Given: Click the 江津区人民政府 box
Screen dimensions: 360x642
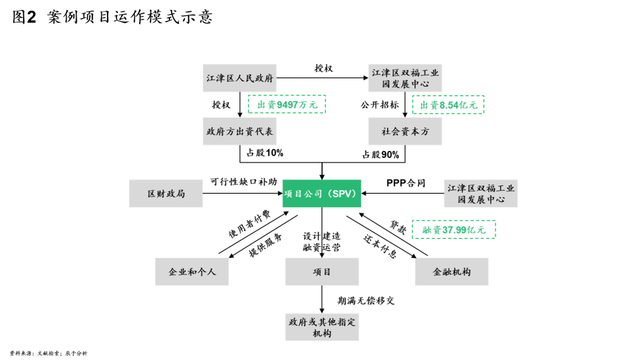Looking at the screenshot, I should click(x=240, y=78).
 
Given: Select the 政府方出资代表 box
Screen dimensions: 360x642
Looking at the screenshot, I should click(x=240, y=131).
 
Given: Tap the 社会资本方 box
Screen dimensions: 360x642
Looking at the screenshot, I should click(x=405, y=131).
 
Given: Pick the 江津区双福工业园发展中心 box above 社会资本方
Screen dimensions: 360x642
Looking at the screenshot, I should click(x=405, y=78).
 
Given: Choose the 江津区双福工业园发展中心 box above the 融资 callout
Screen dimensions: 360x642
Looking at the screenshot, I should click(x=480, y=194).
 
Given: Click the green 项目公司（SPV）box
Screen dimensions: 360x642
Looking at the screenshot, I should click(x=322, y=194).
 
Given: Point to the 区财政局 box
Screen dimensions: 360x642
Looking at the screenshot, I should click(x=166, y=194).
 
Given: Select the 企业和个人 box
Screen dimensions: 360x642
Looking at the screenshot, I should click(x=191, y=271).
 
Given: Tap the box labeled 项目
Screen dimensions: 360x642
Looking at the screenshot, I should click(x=322, y=271).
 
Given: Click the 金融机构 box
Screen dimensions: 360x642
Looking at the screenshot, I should click(x=451, y=271).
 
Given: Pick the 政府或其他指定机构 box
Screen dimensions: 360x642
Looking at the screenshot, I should click(x=322, y=327).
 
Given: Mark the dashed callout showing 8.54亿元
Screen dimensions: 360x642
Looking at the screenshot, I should click(x=448, y=105).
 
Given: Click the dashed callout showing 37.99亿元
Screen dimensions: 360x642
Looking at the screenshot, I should click(x=454, y=230).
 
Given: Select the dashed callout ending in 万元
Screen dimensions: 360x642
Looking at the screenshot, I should click(x=287, y=105).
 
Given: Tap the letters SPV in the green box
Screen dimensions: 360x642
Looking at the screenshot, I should click(x=342, y=194).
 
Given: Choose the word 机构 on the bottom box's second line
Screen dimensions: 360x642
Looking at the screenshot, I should click(x=322, y=333).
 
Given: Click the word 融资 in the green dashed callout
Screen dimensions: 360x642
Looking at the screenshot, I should click(x=432, y=230).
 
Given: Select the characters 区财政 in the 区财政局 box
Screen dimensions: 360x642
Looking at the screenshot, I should click(x=161, y=194).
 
